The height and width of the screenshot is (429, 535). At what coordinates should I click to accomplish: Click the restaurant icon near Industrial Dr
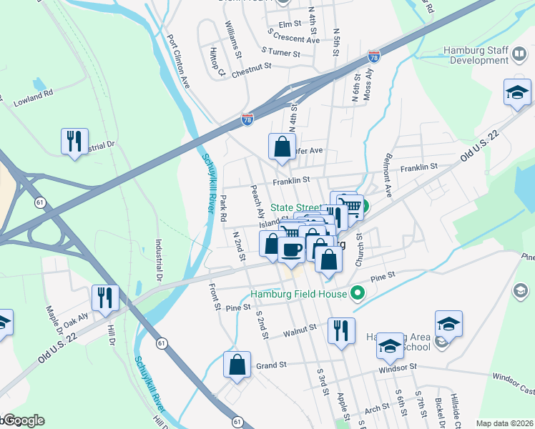point(74,142)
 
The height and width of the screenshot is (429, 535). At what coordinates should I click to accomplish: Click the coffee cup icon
point(292,250)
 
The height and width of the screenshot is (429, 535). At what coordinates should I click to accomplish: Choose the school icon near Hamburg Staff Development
point(517,92)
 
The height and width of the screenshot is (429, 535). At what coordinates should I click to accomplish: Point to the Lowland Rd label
point(34,99)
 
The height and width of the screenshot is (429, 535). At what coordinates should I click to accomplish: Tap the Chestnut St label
point(252,67)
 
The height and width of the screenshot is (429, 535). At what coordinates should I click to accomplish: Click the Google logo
point(23,420)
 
